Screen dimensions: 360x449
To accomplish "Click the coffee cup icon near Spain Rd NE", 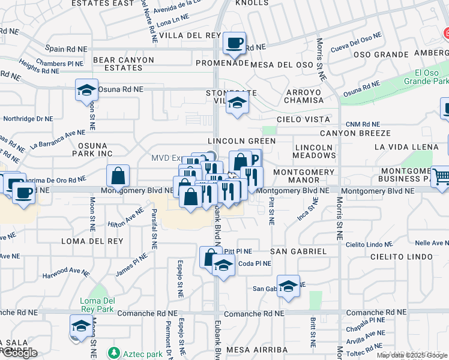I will click(x=234, y=43).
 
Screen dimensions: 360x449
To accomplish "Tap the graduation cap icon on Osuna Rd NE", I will click(x=86, y=91).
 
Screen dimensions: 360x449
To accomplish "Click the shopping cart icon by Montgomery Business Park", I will click(x=441, y=176).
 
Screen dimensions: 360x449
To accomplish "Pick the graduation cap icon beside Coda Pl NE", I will click(x=223, y=265).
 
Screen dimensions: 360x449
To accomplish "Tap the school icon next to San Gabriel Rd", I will click(x=288, y=286).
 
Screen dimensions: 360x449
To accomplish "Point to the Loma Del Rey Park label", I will click(x=96, y=305).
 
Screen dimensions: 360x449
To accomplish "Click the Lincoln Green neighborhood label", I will click(x=241, y=141).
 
